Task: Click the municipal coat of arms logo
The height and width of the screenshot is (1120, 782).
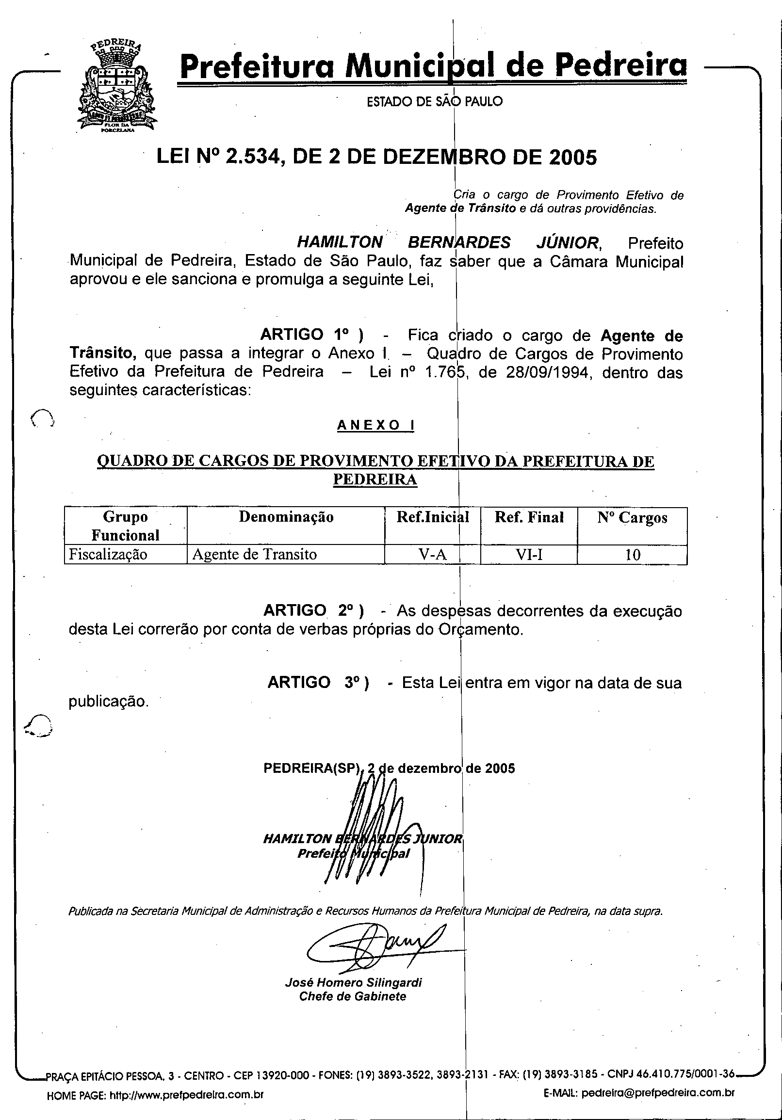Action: click(x=117, y=88)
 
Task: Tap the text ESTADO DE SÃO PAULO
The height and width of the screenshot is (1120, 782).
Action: click(x=435, y=101)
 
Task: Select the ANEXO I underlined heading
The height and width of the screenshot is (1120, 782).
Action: click(x=375, y=426)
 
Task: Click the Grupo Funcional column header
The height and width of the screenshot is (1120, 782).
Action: click(x=126, y=526)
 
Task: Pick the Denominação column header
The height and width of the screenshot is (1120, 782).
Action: click(x=286, y=517)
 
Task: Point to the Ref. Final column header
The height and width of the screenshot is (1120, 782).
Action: click(x=529, y=517)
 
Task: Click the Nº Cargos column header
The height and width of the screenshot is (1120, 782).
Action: click(x=632, y=517)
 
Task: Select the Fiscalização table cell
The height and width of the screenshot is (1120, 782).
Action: click(x=108, y=555)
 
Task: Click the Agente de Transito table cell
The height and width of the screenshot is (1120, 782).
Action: click(x=254, y=555)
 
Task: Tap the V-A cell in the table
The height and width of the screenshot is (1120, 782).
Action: click(x=433, y=555)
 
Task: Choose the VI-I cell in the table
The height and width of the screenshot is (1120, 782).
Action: click(x=529, y=555)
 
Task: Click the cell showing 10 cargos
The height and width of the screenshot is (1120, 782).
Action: click(x=633, y=555)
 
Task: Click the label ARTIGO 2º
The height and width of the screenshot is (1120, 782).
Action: click(x=313, y=611)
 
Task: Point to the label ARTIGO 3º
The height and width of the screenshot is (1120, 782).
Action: click(x=318, y=682)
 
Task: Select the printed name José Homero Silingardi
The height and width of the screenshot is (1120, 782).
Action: click(x=353, y=982)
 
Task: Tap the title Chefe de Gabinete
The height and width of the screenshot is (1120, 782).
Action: click(x=353, y=996)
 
